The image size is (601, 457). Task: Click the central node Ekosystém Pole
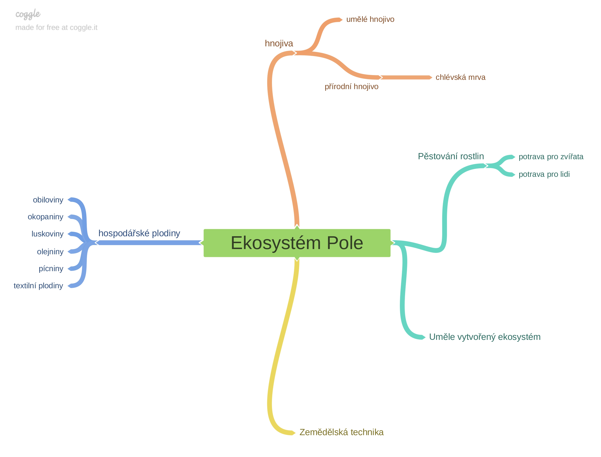click(297, 243)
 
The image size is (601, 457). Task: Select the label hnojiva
click(279, 43)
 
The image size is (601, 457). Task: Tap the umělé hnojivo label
click(370, 19)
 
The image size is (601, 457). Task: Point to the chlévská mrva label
click(460, 77)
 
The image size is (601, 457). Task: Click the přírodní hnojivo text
click(352, 87)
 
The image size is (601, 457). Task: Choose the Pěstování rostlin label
click(451, 156)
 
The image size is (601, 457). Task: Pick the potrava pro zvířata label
click(551, 157)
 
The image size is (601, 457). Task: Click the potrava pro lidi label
click(544, 174)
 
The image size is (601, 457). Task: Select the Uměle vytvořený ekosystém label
click(485, 337)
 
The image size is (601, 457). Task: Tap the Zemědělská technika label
click(341, 432)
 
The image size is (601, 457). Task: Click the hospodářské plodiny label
click(139, 233)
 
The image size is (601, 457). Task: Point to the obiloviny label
click(48, 200)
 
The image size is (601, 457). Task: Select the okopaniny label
click(45, 217)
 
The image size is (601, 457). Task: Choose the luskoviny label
click(48, 234)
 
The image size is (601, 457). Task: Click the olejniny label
click(50, 252)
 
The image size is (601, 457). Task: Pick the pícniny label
click(51, 269)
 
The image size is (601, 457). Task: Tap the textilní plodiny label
click(38, 286)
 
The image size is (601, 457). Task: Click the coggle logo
click(28, 14)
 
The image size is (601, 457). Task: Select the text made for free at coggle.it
click(56, 28)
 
